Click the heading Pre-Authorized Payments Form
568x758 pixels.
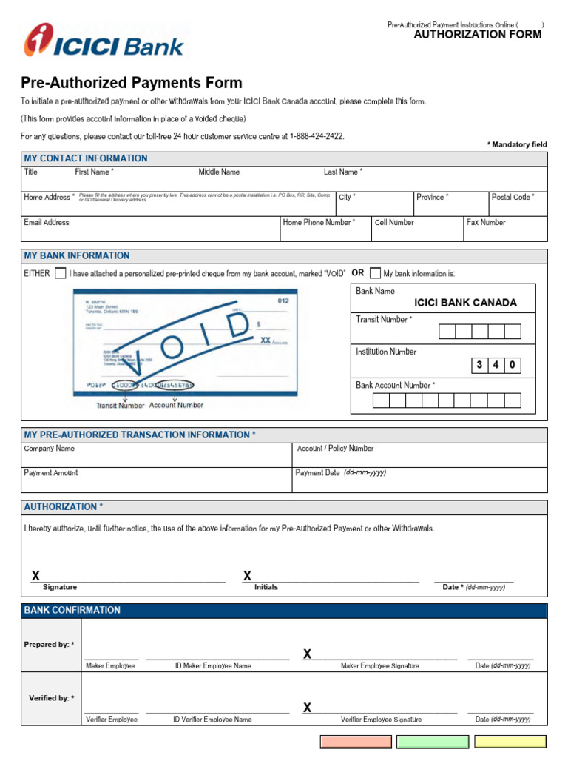[x=132, y=83]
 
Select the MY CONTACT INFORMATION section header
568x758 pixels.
[x=86, y=158]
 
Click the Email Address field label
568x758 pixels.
[x=47, y=222]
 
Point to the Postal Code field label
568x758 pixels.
[x=513, y=198]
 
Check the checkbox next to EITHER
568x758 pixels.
[x=60, y=273]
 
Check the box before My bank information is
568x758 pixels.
[x=375, y=273]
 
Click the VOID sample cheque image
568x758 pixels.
[x=185, y=341]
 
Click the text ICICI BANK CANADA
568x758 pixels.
[x=465, y=303]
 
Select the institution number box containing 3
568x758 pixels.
[x=479, y=365]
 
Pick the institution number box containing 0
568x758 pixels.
[x=513, y=365]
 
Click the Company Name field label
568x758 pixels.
[x=50, y=449]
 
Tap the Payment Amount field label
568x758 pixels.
[x=51, y=473]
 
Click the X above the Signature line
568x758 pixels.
[x=35, y=576]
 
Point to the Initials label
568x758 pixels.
[x=266, y=587]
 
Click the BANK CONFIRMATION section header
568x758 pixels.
[x=72, y=610]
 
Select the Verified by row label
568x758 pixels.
[x=51, y=698]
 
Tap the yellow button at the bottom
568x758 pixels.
[x=510, y=742]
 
